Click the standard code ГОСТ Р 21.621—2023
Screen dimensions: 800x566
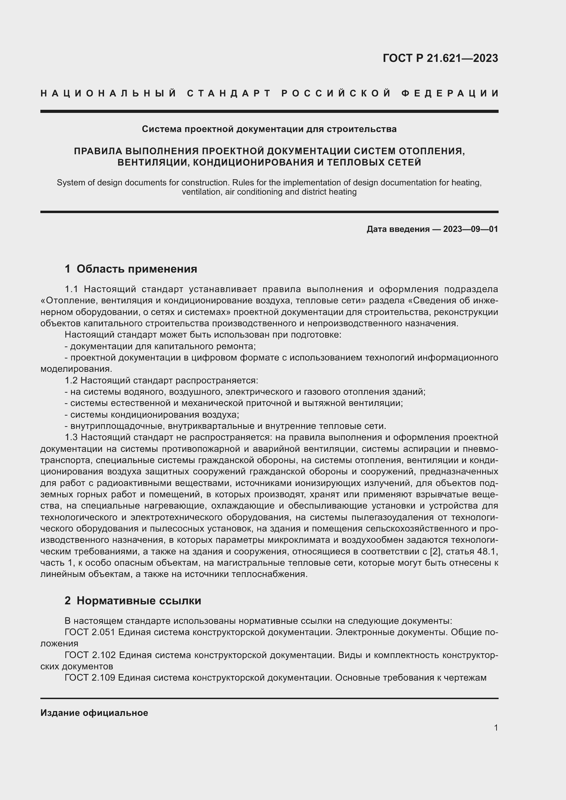coord(440,58)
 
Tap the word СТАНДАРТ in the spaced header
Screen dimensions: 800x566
coord(229,93)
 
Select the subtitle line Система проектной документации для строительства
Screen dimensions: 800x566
coord(269,129)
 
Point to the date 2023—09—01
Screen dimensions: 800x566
coord(471,229)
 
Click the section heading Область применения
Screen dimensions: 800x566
coord(137,269)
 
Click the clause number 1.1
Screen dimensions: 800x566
coord(73,289)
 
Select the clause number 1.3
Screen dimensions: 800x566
coord(73,437)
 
